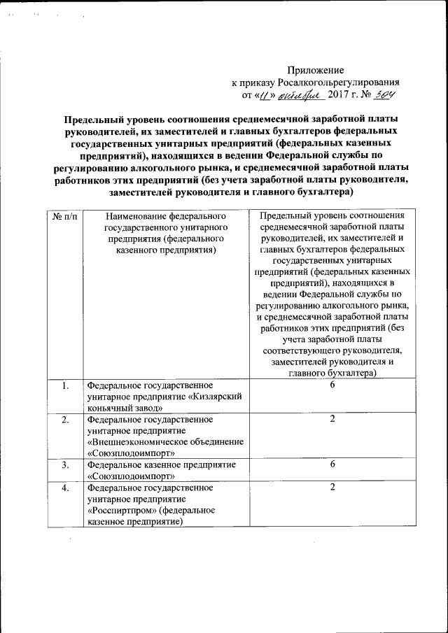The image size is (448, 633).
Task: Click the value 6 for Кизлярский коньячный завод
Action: pyautogui.click(x=333, y=385)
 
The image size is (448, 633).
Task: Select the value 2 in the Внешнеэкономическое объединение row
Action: pyautogui.click(x=333, y=420)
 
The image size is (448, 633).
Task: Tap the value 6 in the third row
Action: pyautogui.click(x=333, y=464)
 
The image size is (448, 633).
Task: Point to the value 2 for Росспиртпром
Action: pyautogui.click(x=333, y=488)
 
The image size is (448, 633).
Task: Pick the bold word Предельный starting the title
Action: pyautogui.click(x=94, y=120)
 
